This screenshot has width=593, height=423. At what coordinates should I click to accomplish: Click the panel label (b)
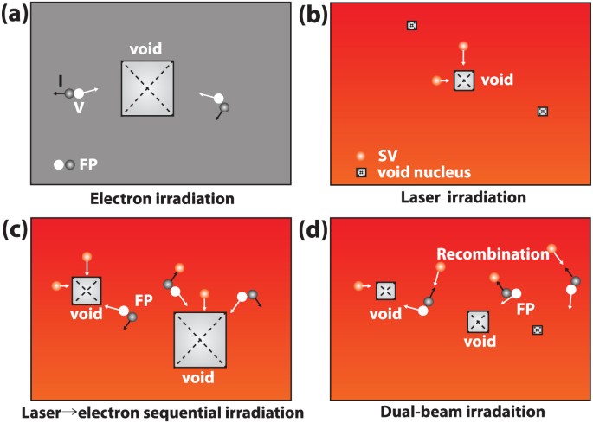click(313, 13)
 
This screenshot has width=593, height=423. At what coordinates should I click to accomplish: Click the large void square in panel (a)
click(147, 88)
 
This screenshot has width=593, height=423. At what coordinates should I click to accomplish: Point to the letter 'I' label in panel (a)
click(60, 80)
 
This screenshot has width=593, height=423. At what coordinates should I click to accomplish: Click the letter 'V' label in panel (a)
click(79, 107)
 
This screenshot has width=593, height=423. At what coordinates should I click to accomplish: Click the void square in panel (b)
click(464, 80)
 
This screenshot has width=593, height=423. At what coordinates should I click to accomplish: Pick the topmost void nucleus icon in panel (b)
click(411, 25)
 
